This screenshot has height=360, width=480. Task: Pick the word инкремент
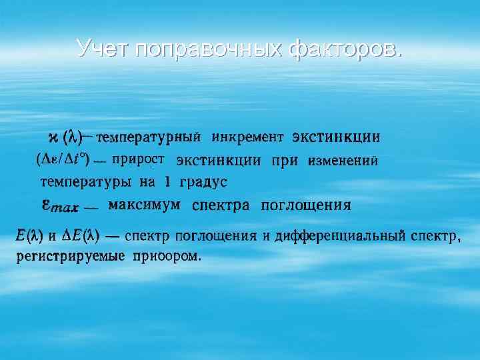pos(247,138)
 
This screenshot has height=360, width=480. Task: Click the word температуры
pos(85,181)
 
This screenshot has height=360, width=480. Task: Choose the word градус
pos(203,182)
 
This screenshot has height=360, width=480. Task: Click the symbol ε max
pos(62,205)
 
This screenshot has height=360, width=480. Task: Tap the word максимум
pos(144,204)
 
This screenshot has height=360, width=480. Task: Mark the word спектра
pos(221,205)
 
